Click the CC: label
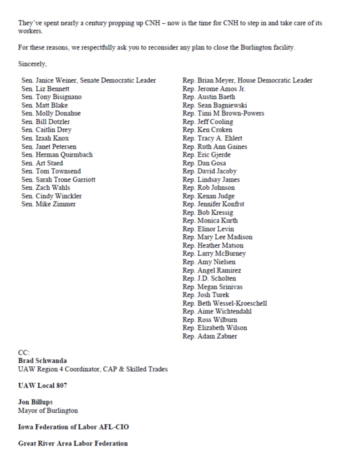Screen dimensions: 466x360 [x=24, y=353]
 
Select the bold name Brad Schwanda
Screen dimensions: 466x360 [x=43, y=361]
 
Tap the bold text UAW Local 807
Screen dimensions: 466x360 [x=42, y=386]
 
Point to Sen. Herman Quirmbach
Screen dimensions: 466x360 [x=57, y=155]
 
